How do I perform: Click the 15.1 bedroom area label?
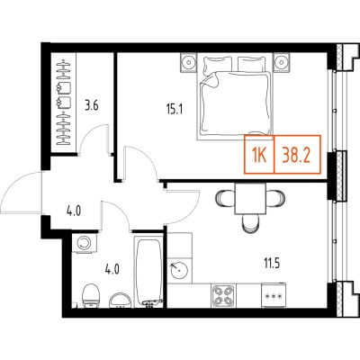coord(175,110)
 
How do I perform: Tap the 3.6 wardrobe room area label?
coord(92,106)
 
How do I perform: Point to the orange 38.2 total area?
coord(297,155)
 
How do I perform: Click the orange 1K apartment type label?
coord(259,156)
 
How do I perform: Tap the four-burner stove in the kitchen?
coord(223,295)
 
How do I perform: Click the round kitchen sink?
coord(179,269)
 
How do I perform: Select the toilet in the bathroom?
coord(91,296)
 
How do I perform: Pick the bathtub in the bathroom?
coord(148,272)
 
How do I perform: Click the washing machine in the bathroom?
coord(85,243)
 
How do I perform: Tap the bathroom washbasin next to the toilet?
coord(120,300)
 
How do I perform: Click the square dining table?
coord(251,199)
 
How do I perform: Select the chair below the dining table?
coord(251,224)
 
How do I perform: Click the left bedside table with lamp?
coord(189,62)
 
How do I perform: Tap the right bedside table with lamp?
coord(282,62)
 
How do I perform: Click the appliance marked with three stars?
coord(273,295)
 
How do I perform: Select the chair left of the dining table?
coord(225,198)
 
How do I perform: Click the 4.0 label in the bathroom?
coord(112,270)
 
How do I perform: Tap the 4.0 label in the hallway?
coord(74,211)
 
